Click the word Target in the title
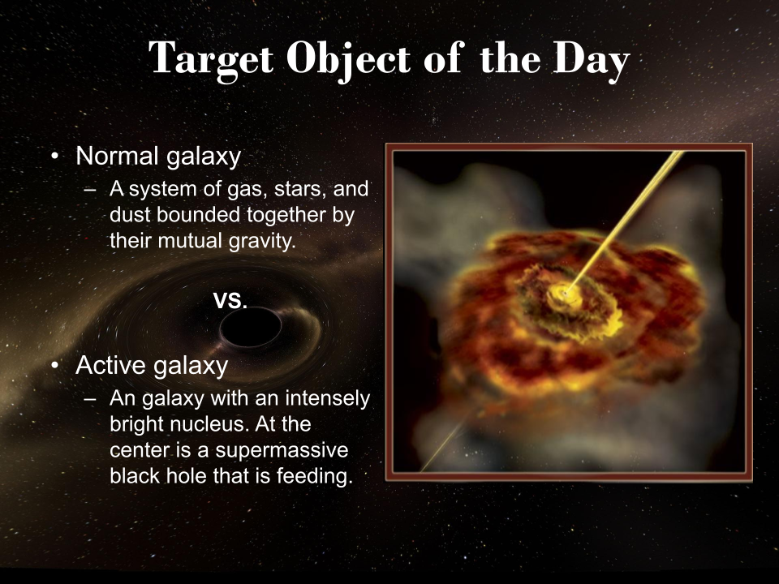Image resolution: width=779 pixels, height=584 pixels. (x=211, y=59)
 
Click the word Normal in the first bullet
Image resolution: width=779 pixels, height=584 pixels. (x=118, y=156)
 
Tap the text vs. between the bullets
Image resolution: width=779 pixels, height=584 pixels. (x=230, y=300)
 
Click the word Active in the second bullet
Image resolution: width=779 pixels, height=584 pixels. (x=111, y=365)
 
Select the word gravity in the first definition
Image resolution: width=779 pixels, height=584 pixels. (x=262, y=242)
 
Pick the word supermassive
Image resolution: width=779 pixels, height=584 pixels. (x=282, y=450)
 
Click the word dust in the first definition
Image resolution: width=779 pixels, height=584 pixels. (x=130, y=215)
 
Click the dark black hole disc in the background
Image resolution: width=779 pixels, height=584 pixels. (x=251, y=327)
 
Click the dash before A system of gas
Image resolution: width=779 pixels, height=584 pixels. (x=90, y=189)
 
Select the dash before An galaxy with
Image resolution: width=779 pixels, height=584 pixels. (x=90, y=399)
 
